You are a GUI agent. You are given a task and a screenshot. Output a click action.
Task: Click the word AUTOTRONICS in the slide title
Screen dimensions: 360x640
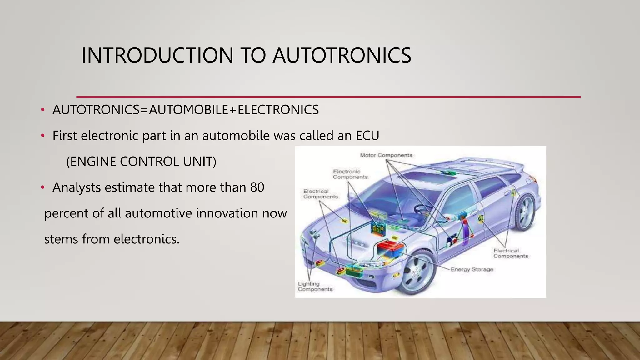(342, 56)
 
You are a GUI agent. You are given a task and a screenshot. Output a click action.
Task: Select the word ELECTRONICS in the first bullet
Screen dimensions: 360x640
(278, 110)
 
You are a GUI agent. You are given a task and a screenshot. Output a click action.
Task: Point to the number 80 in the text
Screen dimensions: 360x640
(257, 187)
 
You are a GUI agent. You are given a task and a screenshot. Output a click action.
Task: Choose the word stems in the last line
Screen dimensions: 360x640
(61, 239)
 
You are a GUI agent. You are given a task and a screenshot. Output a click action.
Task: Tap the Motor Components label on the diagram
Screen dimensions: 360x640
(386, 155)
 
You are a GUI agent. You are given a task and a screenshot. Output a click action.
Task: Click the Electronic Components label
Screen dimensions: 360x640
(350, 174)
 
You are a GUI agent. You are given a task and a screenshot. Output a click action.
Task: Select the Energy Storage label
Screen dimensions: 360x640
(472, 269)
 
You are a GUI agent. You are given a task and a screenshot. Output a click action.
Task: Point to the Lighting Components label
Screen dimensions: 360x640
(315, 287)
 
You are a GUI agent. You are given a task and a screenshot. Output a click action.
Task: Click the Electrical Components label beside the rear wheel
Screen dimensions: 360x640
(511, 253)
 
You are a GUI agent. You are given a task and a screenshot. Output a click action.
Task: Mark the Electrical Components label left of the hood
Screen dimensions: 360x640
(320, 194)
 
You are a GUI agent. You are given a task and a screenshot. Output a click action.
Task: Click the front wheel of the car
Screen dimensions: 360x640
(417, 272)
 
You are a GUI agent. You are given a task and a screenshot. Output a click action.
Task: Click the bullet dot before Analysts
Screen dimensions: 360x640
(43, 188)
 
